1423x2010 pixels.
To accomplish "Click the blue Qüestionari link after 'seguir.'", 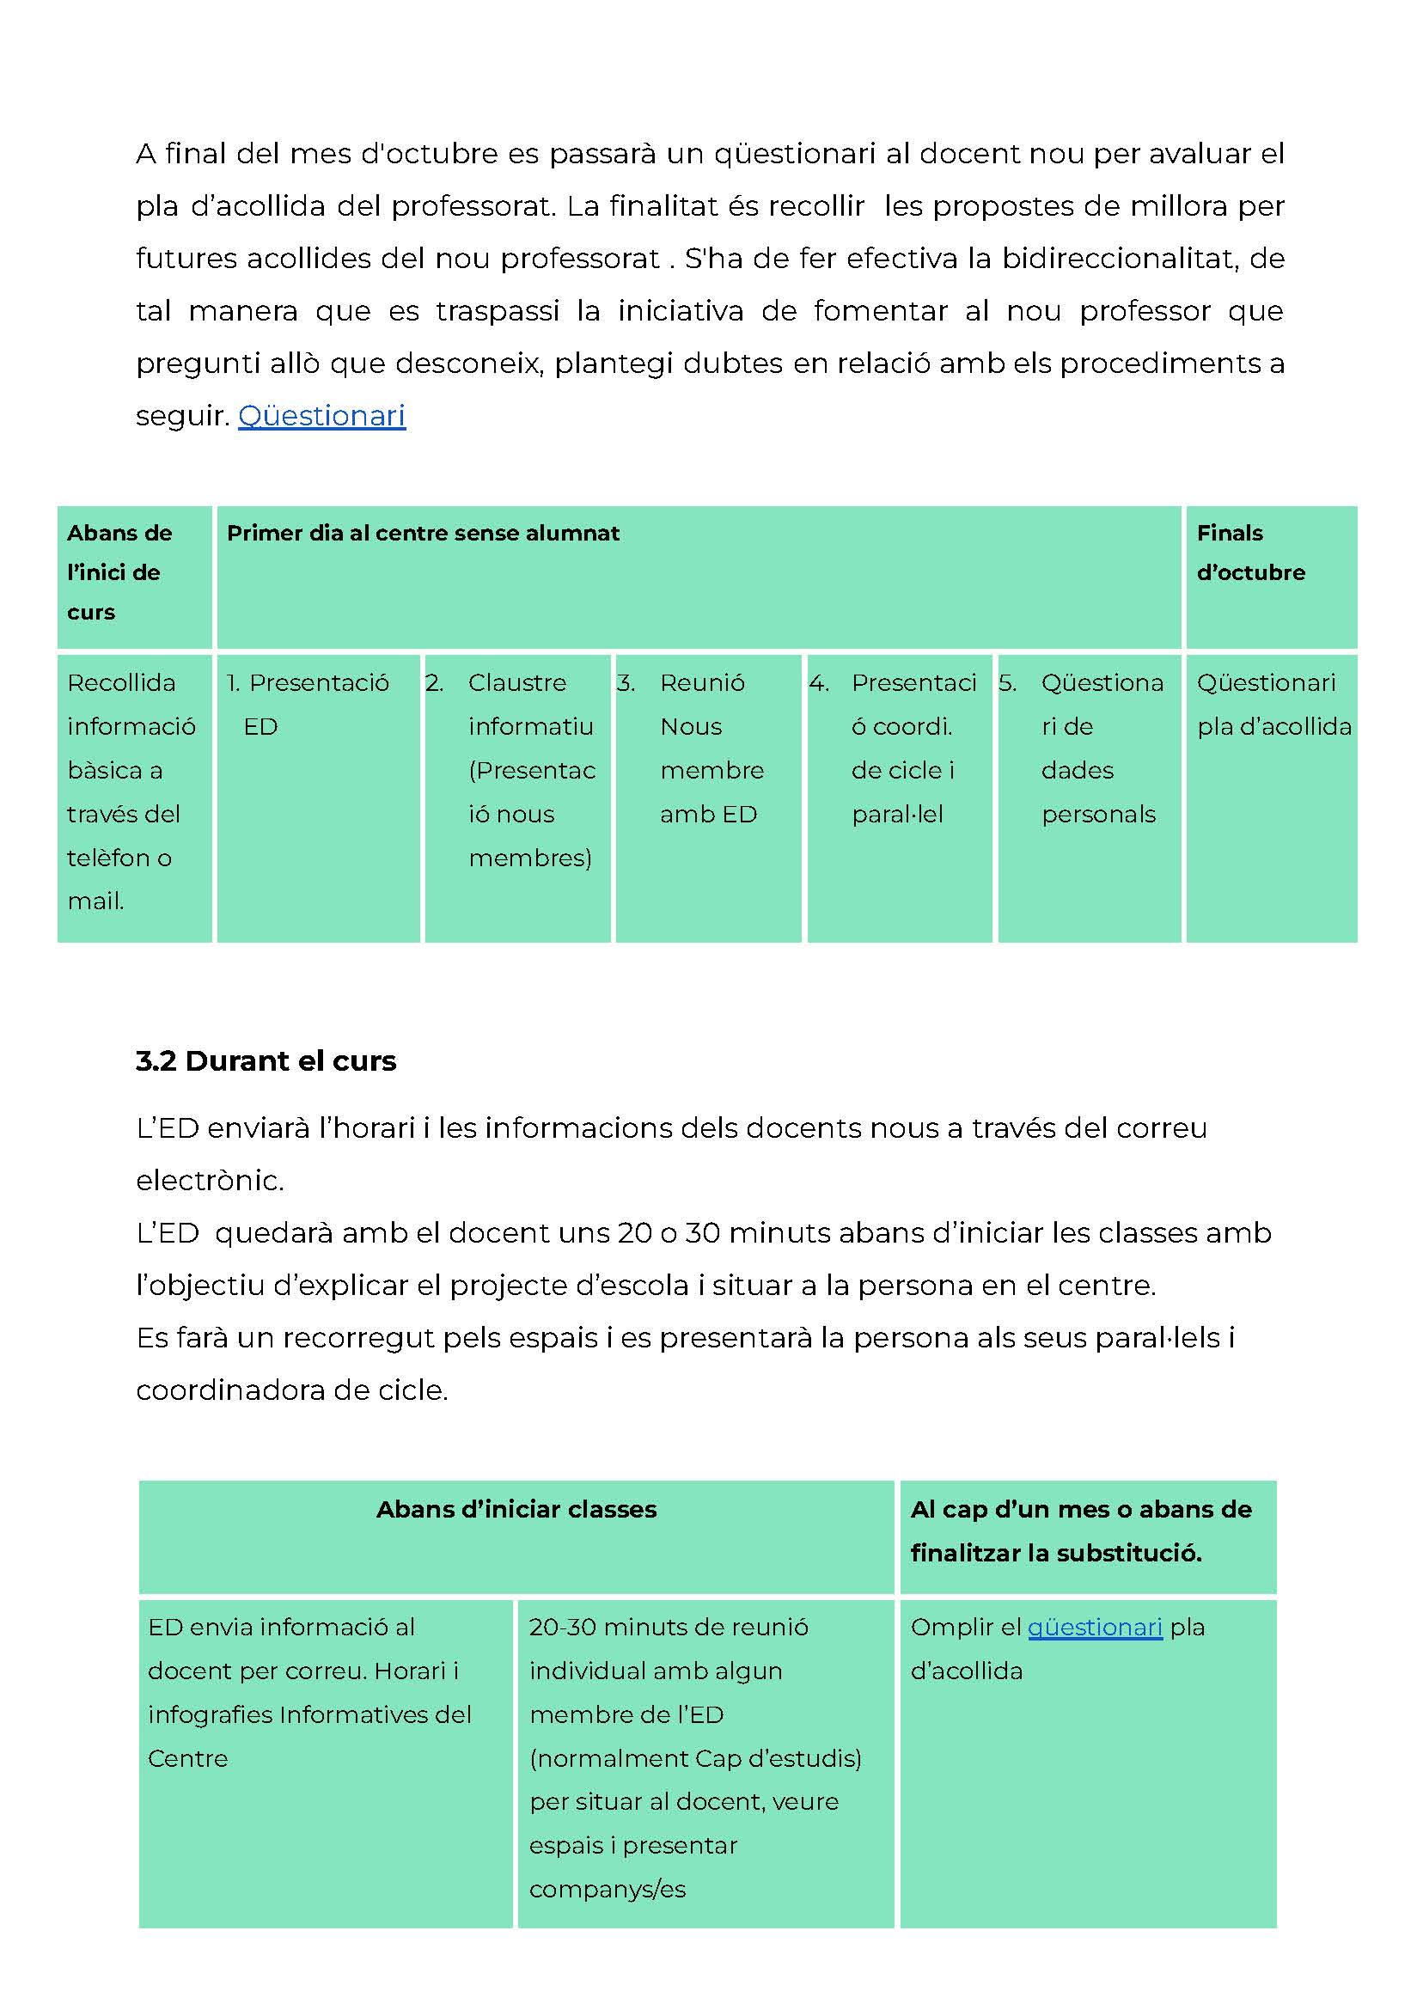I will click(x=321, y=415).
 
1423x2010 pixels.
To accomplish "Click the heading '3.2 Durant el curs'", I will click(x=266, y=1061).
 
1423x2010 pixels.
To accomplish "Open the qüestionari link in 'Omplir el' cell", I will click(x=1095, y=1627).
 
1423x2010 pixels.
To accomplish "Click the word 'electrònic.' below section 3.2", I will click(x=210, y=1180).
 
